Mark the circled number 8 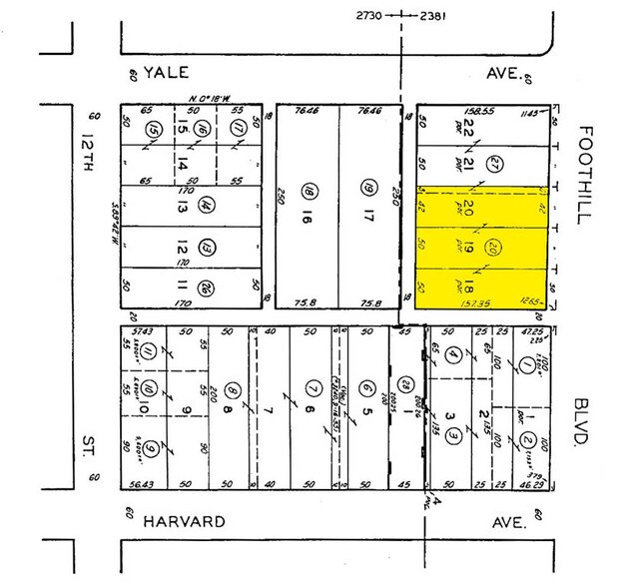click(232, 391)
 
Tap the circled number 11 click(146, 351)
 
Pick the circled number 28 click(402, 385)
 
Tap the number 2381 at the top click(437, 15)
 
